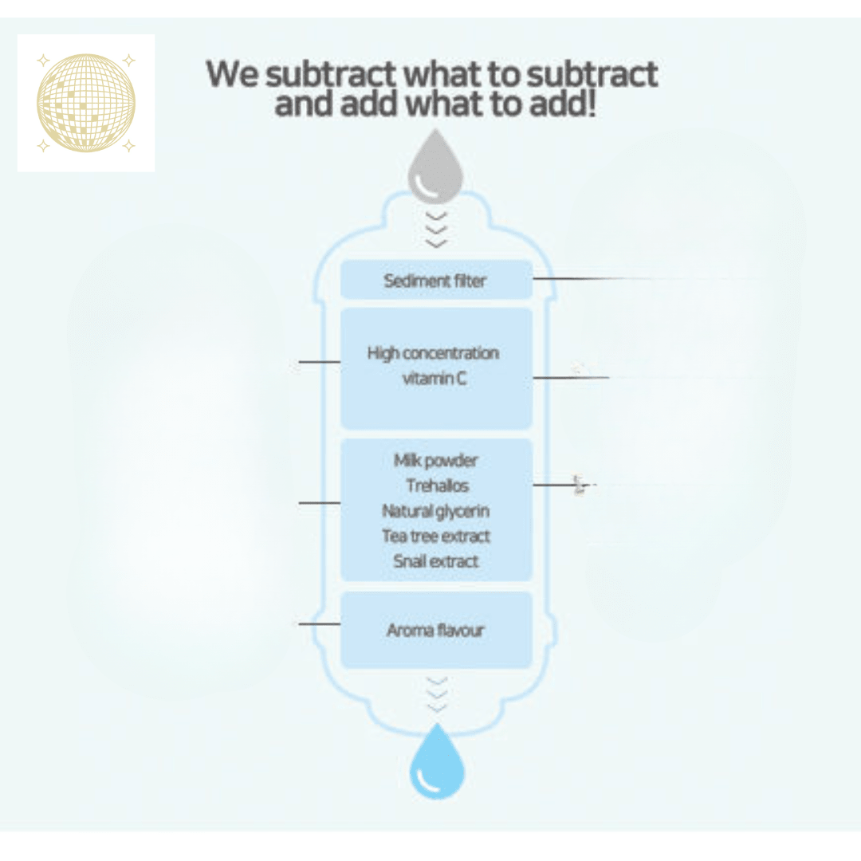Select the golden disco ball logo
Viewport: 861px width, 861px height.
pos(85,103)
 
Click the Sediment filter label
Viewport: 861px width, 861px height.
pos(435,281)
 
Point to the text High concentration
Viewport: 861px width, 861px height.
pos(433,352)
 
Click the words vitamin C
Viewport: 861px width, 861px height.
pos(434,379)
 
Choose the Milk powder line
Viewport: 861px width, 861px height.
pos(435,460)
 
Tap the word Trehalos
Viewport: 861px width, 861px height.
pos(437,486)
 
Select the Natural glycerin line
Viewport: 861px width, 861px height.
pos(435,511)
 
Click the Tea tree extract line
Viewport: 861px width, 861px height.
pos(436,536)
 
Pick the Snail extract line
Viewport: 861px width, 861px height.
pos(436,561)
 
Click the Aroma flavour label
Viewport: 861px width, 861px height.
pos(435,630)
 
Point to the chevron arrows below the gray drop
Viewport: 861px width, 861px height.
pos(436,230)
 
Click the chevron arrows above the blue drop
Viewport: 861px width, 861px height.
pos(437,694)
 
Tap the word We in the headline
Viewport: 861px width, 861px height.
pos(231,74)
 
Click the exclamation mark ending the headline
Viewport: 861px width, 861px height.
pos(591,104)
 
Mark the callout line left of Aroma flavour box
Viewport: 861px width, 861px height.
pos(320,623)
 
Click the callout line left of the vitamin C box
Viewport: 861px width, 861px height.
pos(320,362)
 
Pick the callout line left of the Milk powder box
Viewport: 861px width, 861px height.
pos(320,502)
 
